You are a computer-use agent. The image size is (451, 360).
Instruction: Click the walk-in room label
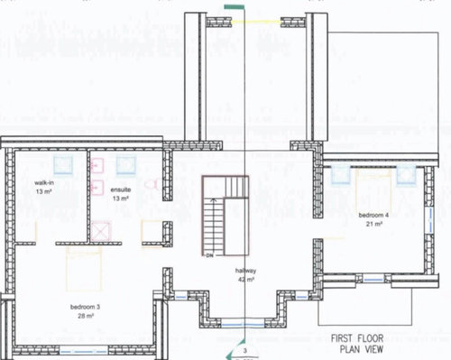pyautogui.click(x=44, y=183)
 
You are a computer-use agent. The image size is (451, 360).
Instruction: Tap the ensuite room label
pyautogui.click(x=121, y=189)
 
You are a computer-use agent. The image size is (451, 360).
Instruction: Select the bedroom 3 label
pyautogui.click(x=85, y=307)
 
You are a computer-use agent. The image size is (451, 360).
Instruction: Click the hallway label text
pyautogui.click(x=245, y=271)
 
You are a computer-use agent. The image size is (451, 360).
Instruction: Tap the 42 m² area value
pyautogui.click(x=246, y=280)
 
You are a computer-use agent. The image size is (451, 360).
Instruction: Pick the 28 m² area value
pyautogui.click(x=86, y=316)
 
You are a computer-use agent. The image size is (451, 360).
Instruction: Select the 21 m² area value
pyautogui.click(x=373, y=224)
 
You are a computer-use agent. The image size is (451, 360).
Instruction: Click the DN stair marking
pyautogui.click(x=209, y=255)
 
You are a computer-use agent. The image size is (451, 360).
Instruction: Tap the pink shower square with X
pyautogui.click(x=101, y=231)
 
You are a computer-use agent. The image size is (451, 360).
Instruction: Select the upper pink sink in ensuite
pyautogui.click(x=97, y=166)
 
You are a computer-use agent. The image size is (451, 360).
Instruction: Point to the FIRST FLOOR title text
pyautogui.click(x=357, y=338)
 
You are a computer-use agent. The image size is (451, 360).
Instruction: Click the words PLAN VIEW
pyautogui.click(x=362, y=349)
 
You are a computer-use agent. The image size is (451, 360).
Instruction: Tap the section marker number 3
pyautogui.click(x=245, y=351)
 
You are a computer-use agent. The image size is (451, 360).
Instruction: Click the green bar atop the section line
pyautogui.click(x=235, y=7)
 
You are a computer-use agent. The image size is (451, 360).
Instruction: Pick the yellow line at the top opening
pyautogui.click(x=256, y=22)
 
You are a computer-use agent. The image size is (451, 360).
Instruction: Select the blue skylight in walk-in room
pyautogui.click(x=63, y=165)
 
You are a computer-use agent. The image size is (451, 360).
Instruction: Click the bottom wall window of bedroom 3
pyautogui.click(x=84, y=351)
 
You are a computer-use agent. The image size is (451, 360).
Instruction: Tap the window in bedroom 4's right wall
pyautogui.click(x=430, y=220)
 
